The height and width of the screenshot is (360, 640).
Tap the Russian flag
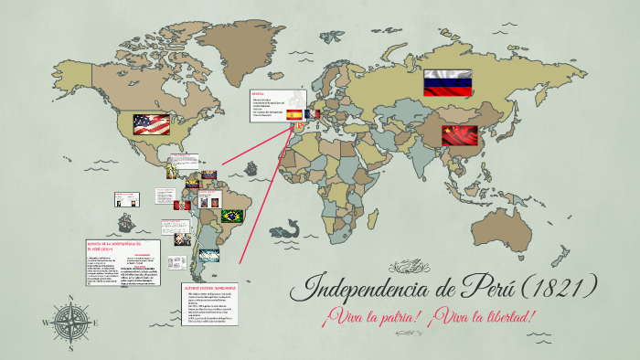click(x=446, y=84)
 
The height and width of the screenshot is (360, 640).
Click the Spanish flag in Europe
click(x=294, y=115)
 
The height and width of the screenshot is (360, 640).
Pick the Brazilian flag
click(x=233, y=217)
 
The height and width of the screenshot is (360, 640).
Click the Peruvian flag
click(x=182, y=206)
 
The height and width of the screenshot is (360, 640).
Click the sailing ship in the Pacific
click(x=126, y=222)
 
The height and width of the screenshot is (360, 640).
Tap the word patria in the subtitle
click(x=389, y=317)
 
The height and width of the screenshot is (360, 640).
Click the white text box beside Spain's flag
click(x=274, y=106)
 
